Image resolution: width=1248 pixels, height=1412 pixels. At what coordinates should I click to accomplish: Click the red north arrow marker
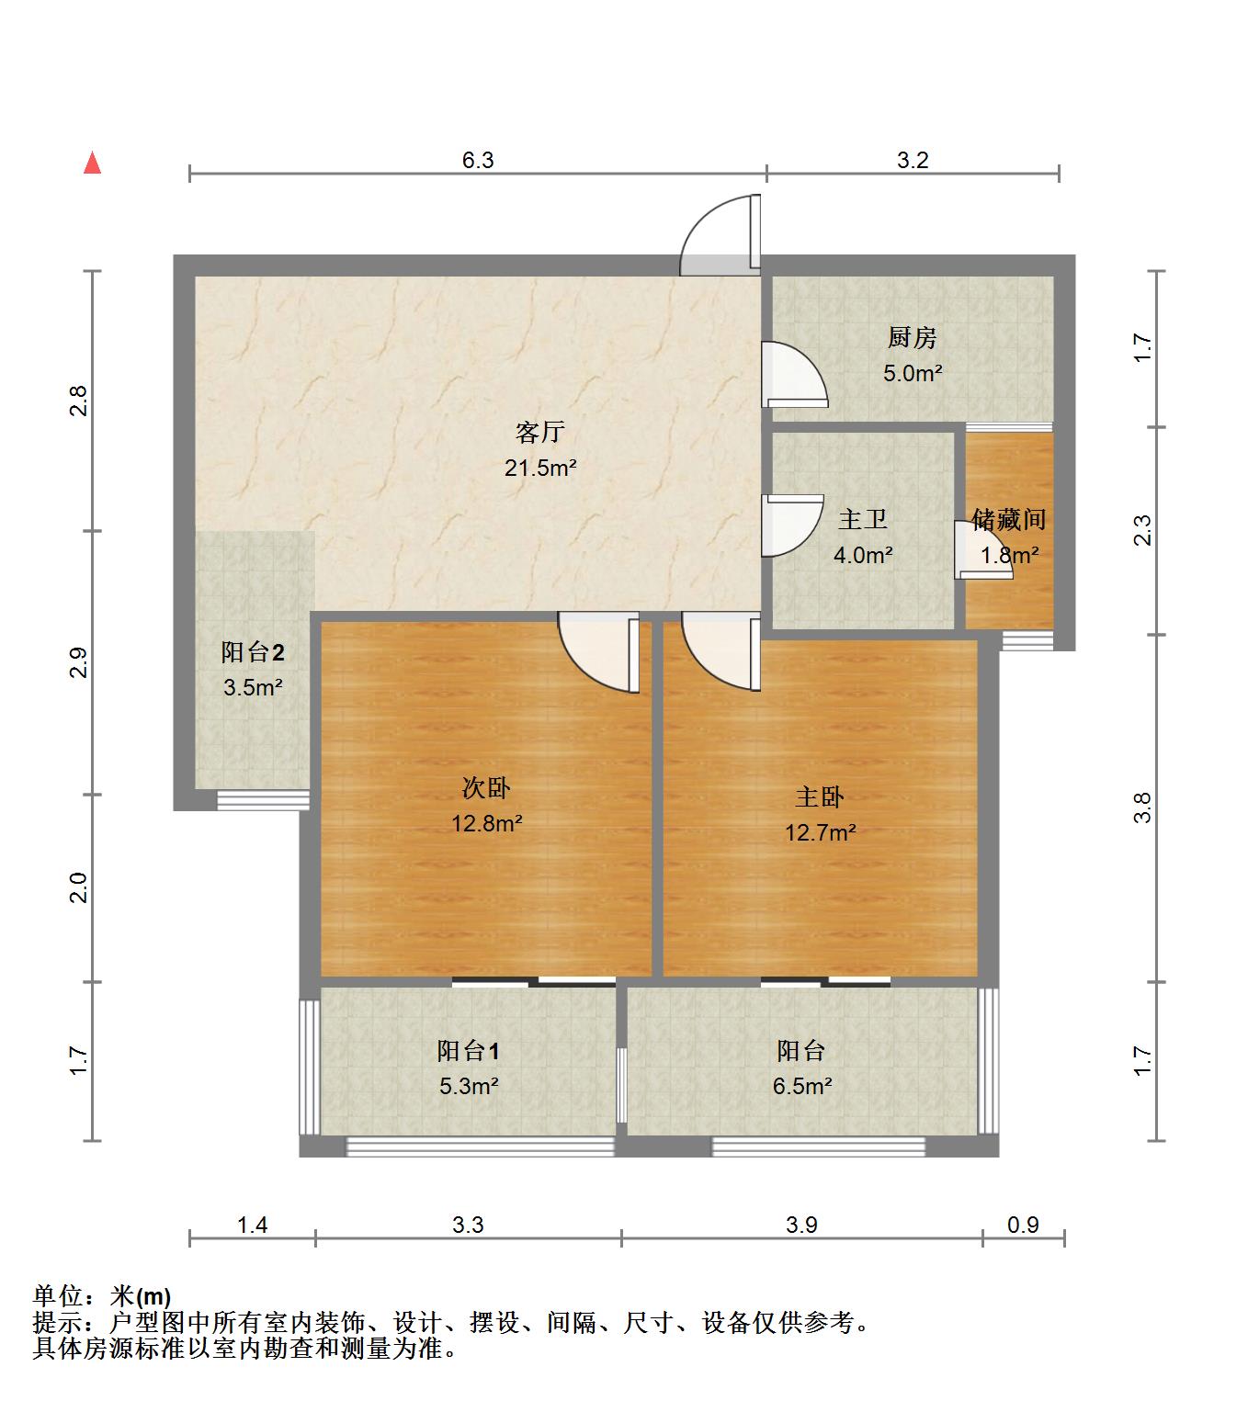point(92,163)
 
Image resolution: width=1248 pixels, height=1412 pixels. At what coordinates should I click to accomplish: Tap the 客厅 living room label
point(539,432)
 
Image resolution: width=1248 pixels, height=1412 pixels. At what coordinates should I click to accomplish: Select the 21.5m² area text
point(540,468)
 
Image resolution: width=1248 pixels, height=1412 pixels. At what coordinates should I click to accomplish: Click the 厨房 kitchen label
point(912,337)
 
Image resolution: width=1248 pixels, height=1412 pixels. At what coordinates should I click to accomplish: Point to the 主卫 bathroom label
point(862,519)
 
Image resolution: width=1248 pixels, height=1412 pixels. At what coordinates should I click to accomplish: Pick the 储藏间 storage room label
point(1008,519)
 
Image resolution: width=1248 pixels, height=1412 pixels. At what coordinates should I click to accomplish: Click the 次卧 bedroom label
point(486,788)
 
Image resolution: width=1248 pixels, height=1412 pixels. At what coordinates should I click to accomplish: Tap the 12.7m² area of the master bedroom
point(820,832)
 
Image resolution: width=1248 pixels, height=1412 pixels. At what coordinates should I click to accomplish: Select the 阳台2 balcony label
point(253,651)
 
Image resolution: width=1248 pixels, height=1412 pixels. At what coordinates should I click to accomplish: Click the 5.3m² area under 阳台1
point(469,1086)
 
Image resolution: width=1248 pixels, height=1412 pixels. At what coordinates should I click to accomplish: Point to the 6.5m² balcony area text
point(801,1086)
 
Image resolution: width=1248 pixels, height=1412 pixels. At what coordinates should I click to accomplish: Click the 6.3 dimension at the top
point(478,160)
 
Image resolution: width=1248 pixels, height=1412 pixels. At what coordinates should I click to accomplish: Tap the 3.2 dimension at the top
point(913,160)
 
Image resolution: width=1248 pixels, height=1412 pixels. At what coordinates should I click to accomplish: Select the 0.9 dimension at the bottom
point(1023,1225)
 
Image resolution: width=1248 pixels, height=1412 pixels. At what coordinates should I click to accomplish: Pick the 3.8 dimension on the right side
point(1142,808)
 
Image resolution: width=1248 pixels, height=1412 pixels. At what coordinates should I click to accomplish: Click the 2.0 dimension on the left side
point(79,887)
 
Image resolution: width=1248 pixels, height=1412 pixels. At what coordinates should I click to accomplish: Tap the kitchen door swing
point(795,374)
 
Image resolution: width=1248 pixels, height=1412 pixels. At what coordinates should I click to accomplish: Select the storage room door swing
point(983,550)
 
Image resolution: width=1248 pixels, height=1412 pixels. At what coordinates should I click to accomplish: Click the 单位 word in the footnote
point(58,1295)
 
